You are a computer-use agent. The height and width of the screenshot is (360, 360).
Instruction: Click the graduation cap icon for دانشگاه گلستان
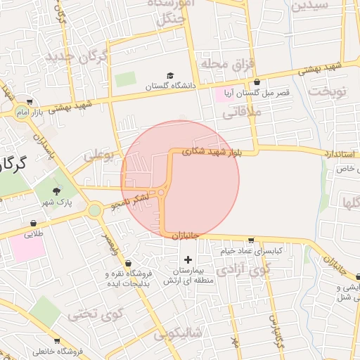click(169, 76)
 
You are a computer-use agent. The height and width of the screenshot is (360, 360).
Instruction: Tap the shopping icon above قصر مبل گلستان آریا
click(256, 82)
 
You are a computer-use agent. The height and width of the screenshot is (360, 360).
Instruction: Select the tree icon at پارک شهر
click(57, 191)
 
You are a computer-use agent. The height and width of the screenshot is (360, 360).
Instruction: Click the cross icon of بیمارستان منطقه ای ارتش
click(187, 260)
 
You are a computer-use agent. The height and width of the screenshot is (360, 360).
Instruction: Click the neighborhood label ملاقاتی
click(245, 110)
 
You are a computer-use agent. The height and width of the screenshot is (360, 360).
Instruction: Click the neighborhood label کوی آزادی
click(243, 269)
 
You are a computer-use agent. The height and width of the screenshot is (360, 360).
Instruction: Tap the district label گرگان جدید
click(77, 57)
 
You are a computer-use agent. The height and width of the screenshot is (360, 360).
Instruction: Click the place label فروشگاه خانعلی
click(58, 351)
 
